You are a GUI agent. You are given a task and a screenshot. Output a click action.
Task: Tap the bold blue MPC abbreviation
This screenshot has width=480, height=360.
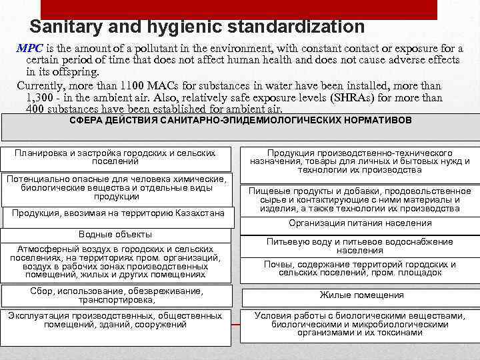click(29, 49)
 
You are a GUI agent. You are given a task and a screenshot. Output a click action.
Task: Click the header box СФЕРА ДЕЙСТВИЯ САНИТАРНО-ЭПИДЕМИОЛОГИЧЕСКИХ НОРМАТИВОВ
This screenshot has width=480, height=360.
click(240, 121)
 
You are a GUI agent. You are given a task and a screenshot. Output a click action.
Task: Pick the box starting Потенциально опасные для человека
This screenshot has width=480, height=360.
click(116, 188)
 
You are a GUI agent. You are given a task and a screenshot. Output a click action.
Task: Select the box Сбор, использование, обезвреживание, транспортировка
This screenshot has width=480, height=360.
click(116, 295)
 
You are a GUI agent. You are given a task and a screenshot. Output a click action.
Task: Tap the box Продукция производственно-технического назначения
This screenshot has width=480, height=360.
click(359, 161)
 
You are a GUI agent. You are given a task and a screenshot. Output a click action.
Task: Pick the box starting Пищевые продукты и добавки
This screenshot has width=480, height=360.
click(359, 199)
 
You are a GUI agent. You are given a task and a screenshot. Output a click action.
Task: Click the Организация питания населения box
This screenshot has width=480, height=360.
click(359, 223)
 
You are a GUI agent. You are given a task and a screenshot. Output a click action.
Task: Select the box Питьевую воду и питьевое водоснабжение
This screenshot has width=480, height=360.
click(359, 246)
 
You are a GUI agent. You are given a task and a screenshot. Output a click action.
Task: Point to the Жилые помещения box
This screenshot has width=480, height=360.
click(361, 295)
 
